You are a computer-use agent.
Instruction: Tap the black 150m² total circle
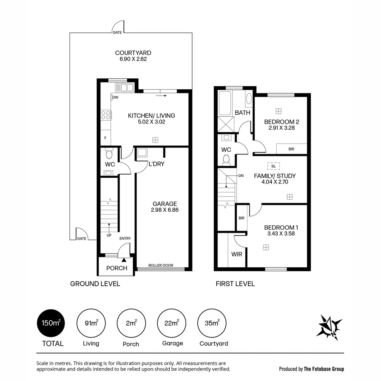click(x=51, y=323)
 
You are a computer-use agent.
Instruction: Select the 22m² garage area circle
click(x=172, y=323)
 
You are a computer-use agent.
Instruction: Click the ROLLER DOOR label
click(x=161, y=265)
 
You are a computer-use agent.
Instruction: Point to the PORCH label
click(x=116, y=268)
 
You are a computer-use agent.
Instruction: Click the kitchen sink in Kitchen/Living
click(x=124, y=87)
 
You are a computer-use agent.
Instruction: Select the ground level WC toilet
click(x=109, y=155)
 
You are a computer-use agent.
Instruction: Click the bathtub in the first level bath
click(x=224, y=103)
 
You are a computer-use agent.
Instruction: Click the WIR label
click(x=237, y=254)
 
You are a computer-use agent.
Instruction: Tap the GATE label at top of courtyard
click(x=117, y=32)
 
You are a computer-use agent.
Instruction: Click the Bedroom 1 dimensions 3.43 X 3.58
click(x=279, y=234)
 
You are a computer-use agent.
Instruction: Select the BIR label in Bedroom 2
click(x=291, y=149)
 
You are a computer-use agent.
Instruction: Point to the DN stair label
click(x=241, y=175)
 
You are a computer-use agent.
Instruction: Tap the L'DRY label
click(x=156, y=164)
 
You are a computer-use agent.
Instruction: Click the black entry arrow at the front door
click(x=123, y=260)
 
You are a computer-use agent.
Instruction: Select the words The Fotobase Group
click(x=324, y=369)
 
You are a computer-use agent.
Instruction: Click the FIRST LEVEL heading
click(x=235, y=284)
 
